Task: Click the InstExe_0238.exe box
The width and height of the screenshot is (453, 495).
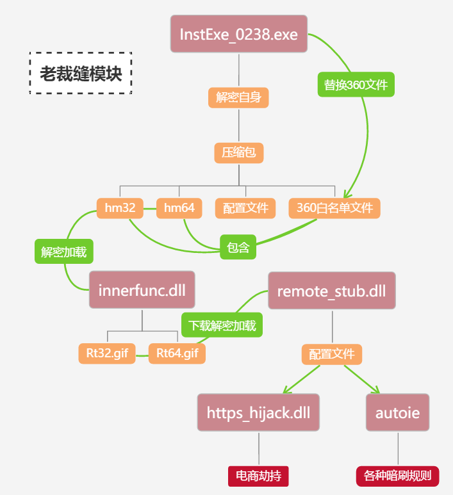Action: [x=239, y=34]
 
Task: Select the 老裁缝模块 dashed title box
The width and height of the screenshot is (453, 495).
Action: [x=81, y=74]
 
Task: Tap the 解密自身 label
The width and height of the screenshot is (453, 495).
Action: [x=238, y=97]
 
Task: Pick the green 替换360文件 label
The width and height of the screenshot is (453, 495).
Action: [x=356, y=85]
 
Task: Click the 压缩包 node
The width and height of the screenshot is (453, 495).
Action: [x=238, y=152]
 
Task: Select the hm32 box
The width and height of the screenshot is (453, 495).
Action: [x=120, y=208]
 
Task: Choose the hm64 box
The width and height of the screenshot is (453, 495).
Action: [x=179, y=208]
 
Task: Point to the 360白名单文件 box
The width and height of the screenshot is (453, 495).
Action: [x=334, y=208]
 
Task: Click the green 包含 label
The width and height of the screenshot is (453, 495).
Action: [x=238, y=247]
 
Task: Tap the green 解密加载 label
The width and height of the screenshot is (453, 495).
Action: [x=64, y=252]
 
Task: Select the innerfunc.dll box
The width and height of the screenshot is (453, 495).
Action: [x=142, y=289]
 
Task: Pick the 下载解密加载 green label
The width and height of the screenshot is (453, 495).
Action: [x=222, y=326]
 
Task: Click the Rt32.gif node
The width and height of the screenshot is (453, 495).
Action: [x=107, y=353]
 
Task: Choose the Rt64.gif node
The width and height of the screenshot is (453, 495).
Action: [x=177, y=353]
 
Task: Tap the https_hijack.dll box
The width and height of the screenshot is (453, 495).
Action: [x=258, y=412]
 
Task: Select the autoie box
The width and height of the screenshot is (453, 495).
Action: [x=397, y=412]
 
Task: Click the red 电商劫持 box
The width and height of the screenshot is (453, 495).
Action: [x=258, y=476]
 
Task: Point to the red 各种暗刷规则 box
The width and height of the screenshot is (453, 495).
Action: [x=397, y=476]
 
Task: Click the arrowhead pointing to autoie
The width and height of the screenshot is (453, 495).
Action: [x=377, y=390]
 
